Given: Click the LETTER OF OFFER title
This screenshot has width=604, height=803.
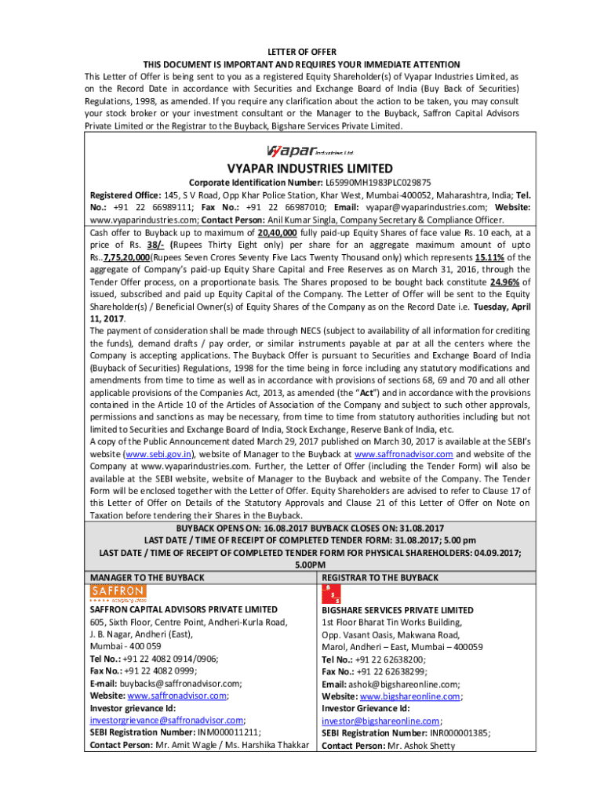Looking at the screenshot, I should tap(301, 52).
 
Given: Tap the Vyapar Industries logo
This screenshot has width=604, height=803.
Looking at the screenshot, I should tap(310, 151).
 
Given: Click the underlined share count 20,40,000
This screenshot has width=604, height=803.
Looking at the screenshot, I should tap(277, 233).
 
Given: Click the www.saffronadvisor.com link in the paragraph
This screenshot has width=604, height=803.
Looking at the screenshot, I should tap(403, 454).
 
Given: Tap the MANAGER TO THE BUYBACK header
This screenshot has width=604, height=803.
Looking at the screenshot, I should tap(147, 578).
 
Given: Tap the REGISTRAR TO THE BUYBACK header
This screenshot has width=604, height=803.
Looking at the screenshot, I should tap(380, 578).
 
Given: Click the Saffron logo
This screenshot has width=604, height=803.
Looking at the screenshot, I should tap(118, 593).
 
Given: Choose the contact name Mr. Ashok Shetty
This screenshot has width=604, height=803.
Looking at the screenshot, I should tap(420, 746).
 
